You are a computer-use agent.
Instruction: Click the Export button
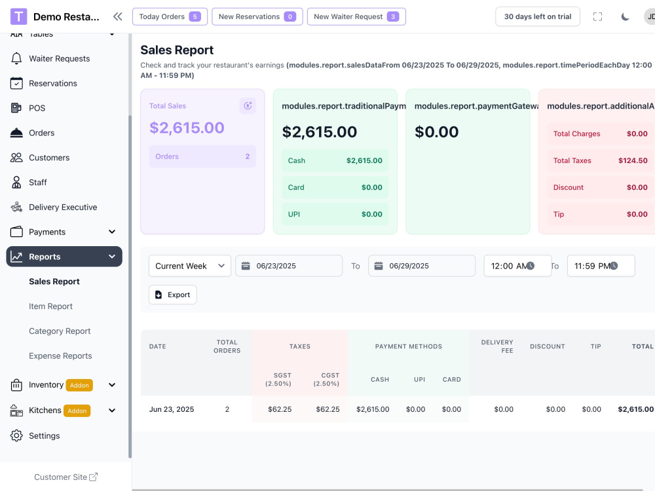(172, 295)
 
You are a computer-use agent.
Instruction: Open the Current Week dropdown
(190, 266)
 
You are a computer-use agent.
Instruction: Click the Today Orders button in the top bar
(170, 17)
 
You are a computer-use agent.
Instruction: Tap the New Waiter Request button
(356, 17)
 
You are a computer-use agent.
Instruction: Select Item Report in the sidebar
(50, 306)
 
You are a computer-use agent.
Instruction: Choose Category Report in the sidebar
(60, 331)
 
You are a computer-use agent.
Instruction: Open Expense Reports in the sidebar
(60, 356)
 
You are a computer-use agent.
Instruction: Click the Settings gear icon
(16, 436)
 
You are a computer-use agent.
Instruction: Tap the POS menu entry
(37, 108)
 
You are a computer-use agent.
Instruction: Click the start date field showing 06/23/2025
(289, 266)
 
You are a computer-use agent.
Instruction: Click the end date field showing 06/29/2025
(421, 266)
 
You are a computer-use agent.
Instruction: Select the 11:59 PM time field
(601, 266)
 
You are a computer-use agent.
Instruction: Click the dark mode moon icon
(625, 17)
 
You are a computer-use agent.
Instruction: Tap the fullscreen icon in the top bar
(598, 17)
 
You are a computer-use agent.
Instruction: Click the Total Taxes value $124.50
(633, 161)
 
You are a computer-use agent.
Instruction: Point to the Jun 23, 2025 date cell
(171, 410)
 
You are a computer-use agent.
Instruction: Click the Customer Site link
(65, 477)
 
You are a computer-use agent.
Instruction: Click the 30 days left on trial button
(538, 17)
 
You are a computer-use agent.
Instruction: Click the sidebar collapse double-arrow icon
(118, 17)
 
